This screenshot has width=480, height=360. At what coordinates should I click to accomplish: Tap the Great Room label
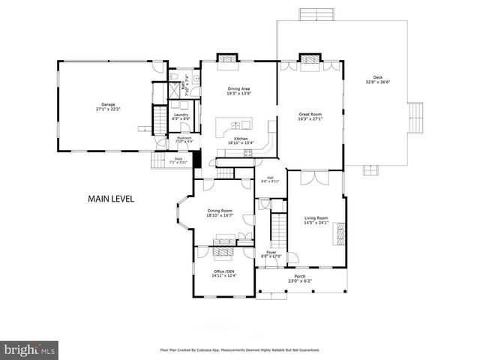click(310, 114)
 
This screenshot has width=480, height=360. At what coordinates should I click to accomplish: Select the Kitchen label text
click(241, 139)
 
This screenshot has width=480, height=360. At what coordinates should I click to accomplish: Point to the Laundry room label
click(180, 115)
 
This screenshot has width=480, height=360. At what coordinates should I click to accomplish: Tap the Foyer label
click(271, 253)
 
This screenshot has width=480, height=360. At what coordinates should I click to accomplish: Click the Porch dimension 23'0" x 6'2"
click(299, 281)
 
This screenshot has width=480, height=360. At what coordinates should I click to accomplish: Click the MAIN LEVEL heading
click(111, 199)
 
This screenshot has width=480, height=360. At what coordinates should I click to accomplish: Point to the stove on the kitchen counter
click(247, 154)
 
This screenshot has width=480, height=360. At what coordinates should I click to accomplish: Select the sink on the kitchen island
click(239, 124)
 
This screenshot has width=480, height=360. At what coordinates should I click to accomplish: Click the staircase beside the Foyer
click(278, 226)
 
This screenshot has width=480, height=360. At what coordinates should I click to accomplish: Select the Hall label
click(269, 178)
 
